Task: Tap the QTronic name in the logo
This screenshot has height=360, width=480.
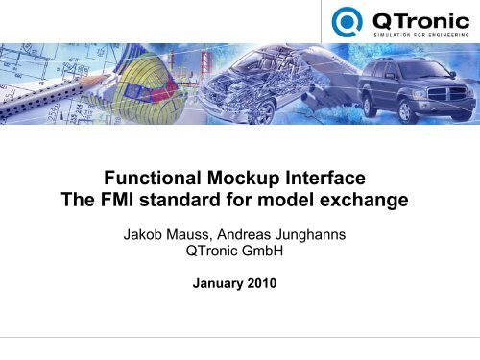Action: tap(413, 18)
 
